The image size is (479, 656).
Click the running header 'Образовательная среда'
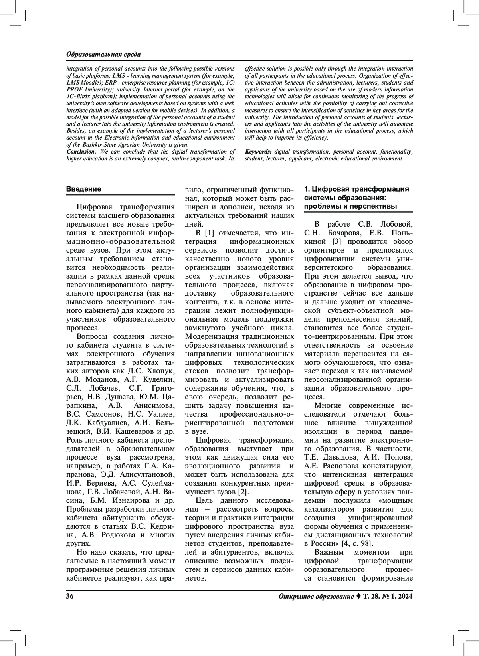click(103, 54)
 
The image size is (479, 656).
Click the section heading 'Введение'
click(83, 189)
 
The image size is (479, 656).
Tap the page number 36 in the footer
click(70, 597)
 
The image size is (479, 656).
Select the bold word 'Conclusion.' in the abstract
click(81, 152)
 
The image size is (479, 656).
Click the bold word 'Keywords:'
click(258, 152)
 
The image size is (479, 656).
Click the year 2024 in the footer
click(405, 597)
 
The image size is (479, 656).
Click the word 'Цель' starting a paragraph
click(204, 501)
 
